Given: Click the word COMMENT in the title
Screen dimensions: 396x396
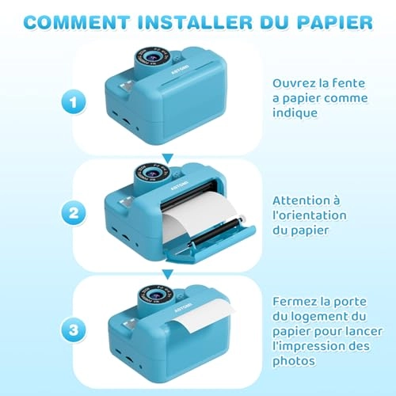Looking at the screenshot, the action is pyautogui.click(x=77, y=22).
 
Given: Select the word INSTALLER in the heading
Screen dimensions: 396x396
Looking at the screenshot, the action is pyautogui.click(x=195, y=22).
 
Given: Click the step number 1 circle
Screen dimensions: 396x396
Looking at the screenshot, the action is pyautogui.click(x=74, y=102).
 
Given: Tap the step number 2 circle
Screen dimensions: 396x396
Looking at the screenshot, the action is pyautogui.click(x=74, y=213).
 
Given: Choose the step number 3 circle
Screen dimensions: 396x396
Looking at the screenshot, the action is pyautogui.click(x=74, y=329).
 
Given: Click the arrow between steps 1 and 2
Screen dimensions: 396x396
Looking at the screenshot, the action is pyautogui.click(x=168, y=158).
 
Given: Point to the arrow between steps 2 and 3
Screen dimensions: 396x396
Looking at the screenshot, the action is pyautogui.click(x=168, y=274).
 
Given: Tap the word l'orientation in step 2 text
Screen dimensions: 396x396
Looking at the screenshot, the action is pyautogui.click(x=310, y=215).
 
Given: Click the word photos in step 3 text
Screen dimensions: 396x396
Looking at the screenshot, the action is pyautogui.click(x=294, y=361).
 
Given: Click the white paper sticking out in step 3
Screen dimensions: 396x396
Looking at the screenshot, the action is pyautogui.click(x=200, y=314).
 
